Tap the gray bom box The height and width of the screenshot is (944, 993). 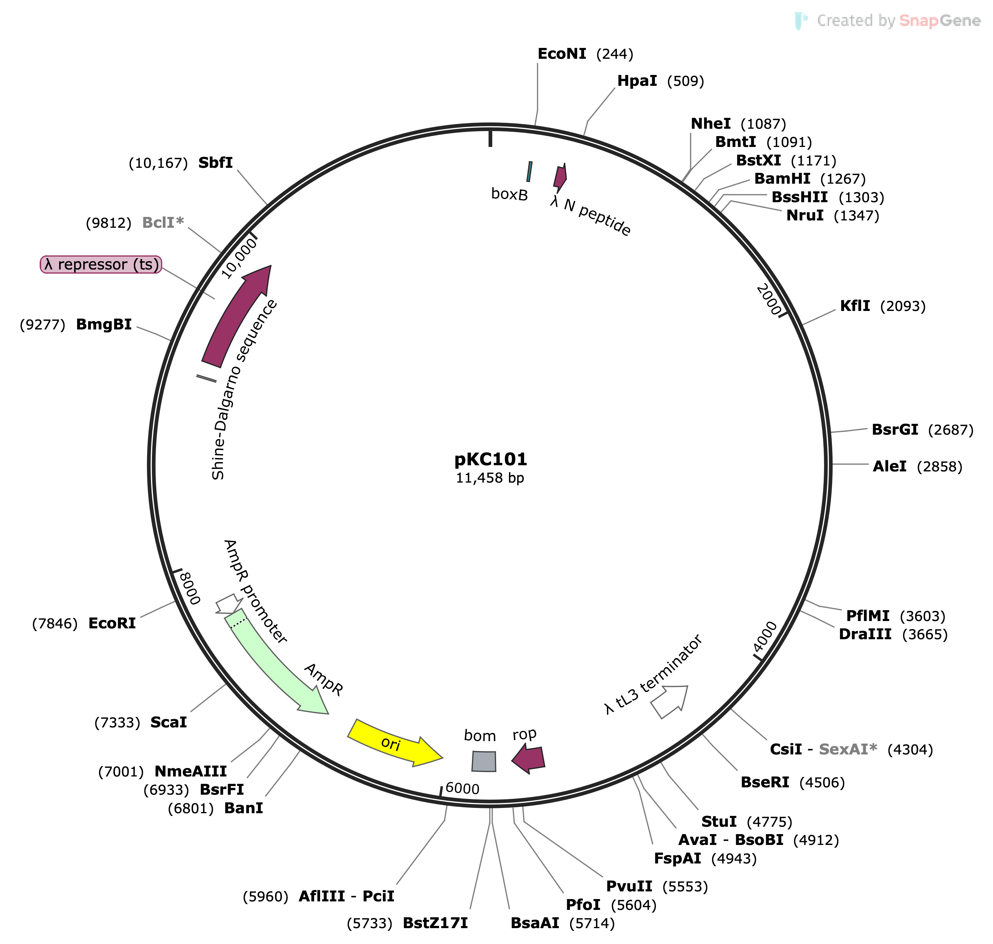pos(484,761)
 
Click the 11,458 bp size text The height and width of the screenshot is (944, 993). pos(490,478)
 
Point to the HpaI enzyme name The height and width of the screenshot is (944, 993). pos(637,81)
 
